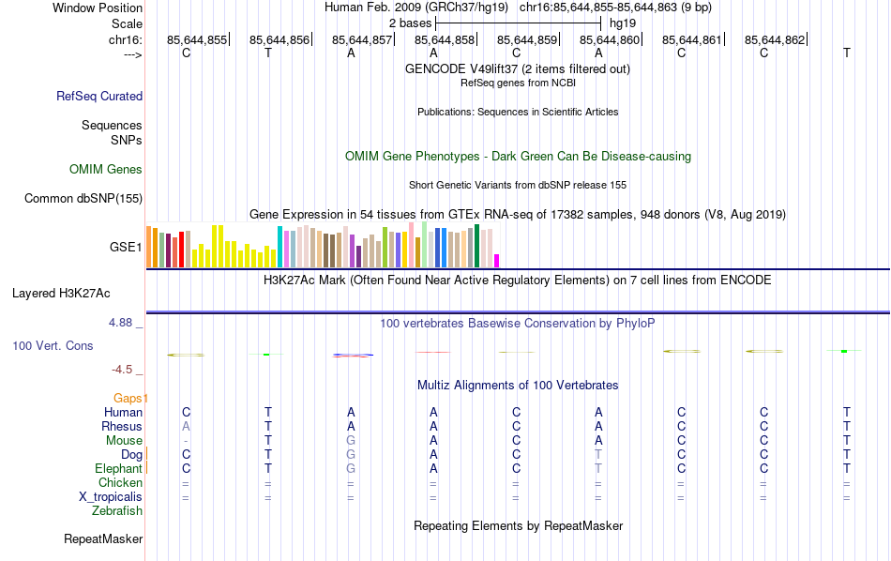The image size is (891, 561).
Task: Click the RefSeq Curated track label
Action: coord(99,96)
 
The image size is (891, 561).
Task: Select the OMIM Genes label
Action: coord(106,170)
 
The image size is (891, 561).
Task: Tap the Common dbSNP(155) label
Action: coord(83,198)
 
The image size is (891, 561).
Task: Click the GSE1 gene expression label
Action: coord(126,248)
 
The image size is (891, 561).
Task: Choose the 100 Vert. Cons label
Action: coord(53,346)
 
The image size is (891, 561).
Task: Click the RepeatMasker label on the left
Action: coord(103,539)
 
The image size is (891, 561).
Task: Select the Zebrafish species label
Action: coord(117,511)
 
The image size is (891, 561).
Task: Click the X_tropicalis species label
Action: coord(111,497)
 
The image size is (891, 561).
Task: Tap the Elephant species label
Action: coord(118,469)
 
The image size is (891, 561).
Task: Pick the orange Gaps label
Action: coord(131,398)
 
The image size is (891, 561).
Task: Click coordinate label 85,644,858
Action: coord(445,39)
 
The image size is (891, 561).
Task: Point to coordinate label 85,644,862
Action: coord(775,39)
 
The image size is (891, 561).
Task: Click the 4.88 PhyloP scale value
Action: coord(125,323)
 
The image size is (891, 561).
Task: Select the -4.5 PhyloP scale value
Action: coord(127,370)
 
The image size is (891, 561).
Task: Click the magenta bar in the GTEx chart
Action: coord(497,260)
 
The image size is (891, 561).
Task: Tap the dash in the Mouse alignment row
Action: coord(186,441)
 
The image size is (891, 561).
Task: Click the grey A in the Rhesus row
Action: coord(186,427)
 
